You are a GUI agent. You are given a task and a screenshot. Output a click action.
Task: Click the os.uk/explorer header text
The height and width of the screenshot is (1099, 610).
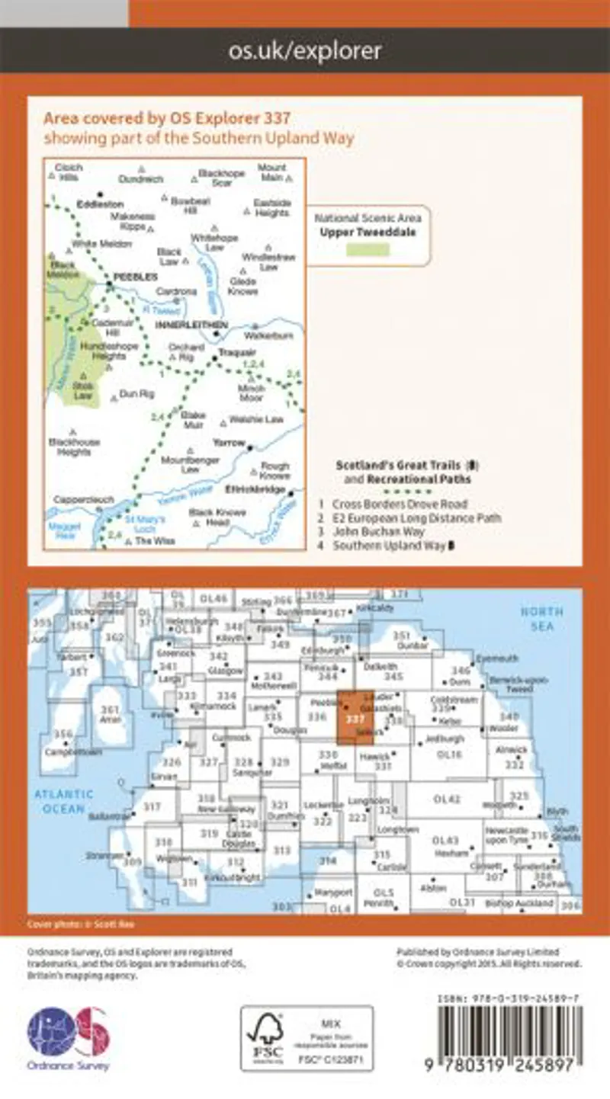click(304, 51)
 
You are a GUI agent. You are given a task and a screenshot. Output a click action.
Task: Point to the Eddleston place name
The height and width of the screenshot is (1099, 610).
click(100, 204)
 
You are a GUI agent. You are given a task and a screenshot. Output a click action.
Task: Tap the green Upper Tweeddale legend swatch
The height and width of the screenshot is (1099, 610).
click(368, 250)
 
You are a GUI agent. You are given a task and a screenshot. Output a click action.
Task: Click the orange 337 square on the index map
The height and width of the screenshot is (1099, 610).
click(355, 716)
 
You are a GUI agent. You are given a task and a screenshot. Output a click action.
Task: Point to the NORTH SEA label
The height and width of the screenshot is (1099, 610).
click(543, 618)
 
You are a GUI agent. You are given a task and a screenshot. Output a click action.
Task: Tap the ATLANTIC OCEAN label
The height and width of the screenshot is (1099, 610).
click(63, 801)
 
